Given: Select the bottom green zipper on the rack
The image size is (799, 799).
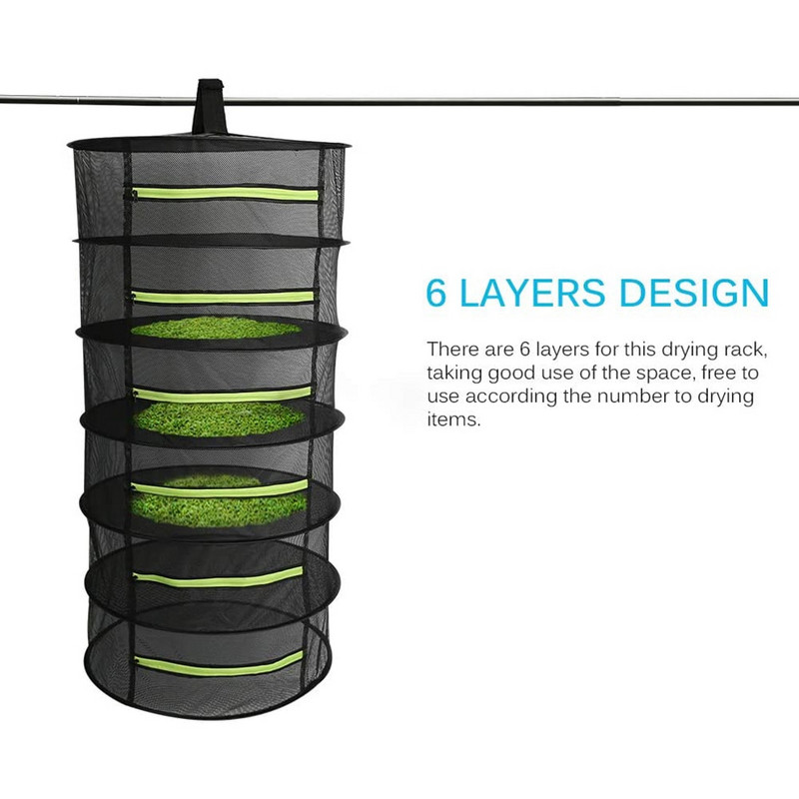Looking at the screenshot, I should (x=219, y=663).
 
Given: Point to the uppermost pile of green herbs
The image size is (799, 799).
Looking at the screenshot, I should (x=216, y=328).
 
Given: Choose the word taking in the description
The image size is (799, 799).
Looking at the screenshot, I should (x=454, y=375).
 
